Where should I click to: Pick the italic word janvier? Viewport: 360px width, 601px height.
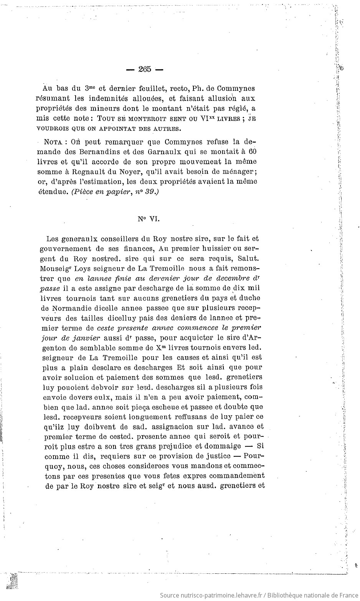point(86,337)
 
